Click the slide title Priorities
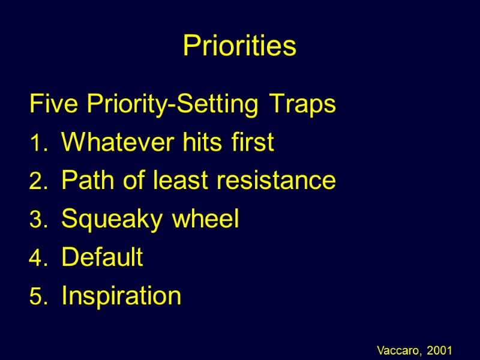[239, 46]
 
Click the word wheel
[206, 219]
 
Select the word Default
[102, 257]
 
